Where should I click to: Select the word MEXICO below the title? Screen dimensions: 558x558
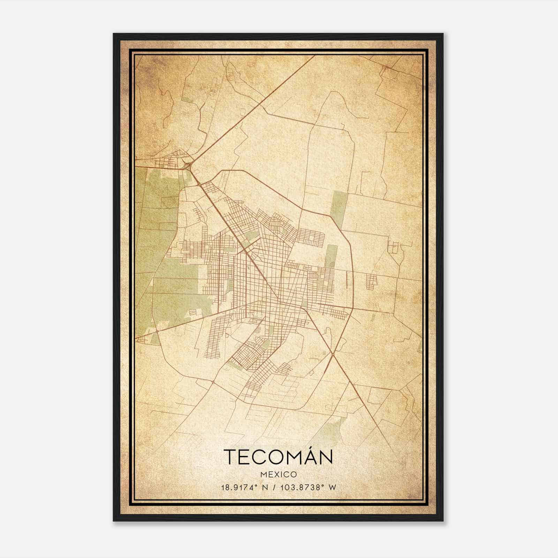click(x=278, y=475)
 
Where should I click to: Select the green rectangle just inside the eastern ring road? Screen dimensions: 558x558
click(x=331, y=256)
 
